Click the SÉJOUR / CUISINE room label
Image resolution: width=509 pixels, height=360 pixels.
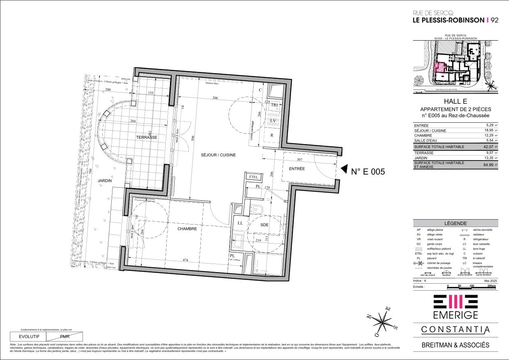click(x=218, y=155)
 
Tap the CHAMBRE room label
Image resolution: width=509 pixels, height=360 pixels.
click(x=187, y=229)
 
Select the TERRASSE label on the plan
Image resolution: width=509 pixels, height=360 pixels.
click(x=147, y=137)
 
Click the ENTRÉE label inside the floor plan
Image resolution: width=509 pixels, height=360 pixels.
click(x=297, y=169)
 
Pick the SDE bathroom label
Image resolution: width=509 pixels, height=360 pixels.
click(x=264, y=225)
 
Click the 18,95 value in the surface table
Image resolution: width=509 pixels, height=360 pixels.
click(x=486, y=131)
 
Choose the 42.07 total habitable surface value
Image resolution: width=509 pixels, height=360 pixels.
click(x=486, y=147)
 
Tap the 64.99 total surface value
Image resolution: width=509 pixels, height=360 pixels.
click(x=486, y=165)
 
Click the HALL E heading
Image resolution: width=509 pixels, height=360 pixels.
click(x=455, y=101)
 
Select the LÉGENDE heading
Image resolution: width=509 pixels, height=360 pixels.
click(x=455, y=223)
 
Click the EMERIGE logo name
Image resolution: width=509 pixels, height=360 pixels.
click(x=455, y=315)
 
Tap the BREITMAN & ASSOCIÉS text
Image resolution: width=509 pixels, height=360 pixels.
click(x=455, y=345)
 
